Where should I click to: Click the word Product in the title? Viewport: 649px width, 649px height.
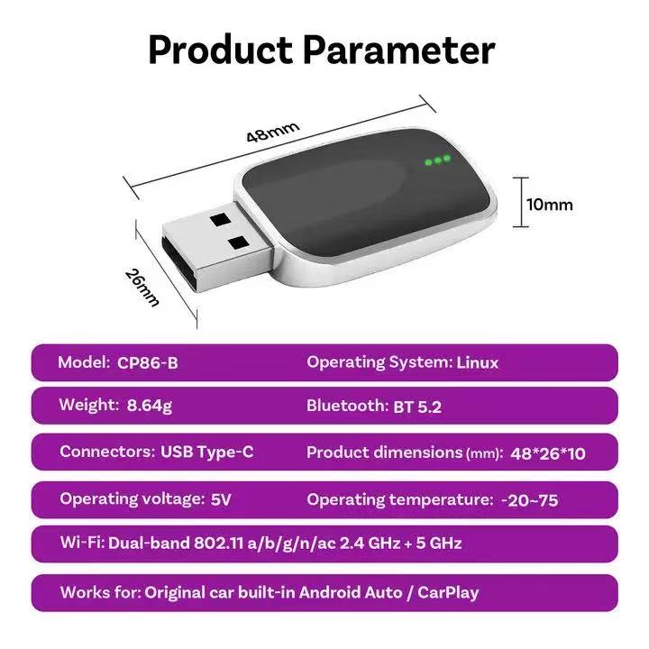point(220,50)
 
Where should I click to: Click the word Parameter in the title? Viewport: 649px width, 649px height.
point(399,50)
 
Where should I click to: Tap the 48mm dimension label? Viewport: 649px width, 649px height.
point(273,132)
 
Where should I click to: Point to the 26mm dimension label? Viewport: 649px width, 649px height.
point(142,288)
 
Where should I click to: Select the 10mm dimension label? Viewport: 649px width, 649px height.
point(550,205)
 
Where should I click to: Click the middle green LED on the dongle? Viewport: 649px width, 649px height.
point(438,160)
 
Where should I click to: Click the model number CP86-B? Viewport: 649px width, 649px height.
point(148,363)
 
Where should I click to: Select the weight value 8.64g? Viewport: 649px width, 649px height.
point(150,406)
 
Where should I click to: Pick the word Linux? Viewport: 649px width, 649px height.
point(477,363)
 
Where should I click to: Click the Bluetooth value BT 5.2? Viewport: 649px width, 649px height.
point(417,407)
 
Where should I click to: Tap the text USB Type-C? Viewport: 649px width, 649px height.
point(207,452)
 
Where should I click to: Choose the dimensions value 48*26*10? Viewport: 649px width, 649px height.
point(548,454)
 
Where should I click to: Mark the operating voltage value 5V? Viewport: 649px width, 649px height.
point(221,499)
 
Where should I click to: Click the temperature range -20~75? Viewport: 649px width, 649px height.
point(530,501)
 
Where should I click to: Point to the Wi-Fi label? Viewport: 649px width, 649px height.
point(82,543)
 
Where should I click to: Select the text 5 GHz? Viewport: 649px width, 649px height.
point(439,543)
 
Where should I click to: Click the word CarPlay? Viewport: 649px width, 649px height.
point(448,593)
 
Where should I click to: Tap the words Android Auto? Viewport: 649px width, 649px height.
point(350,592)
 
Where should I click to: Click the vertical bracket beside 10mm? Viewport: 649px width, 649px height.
point(521,202)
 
